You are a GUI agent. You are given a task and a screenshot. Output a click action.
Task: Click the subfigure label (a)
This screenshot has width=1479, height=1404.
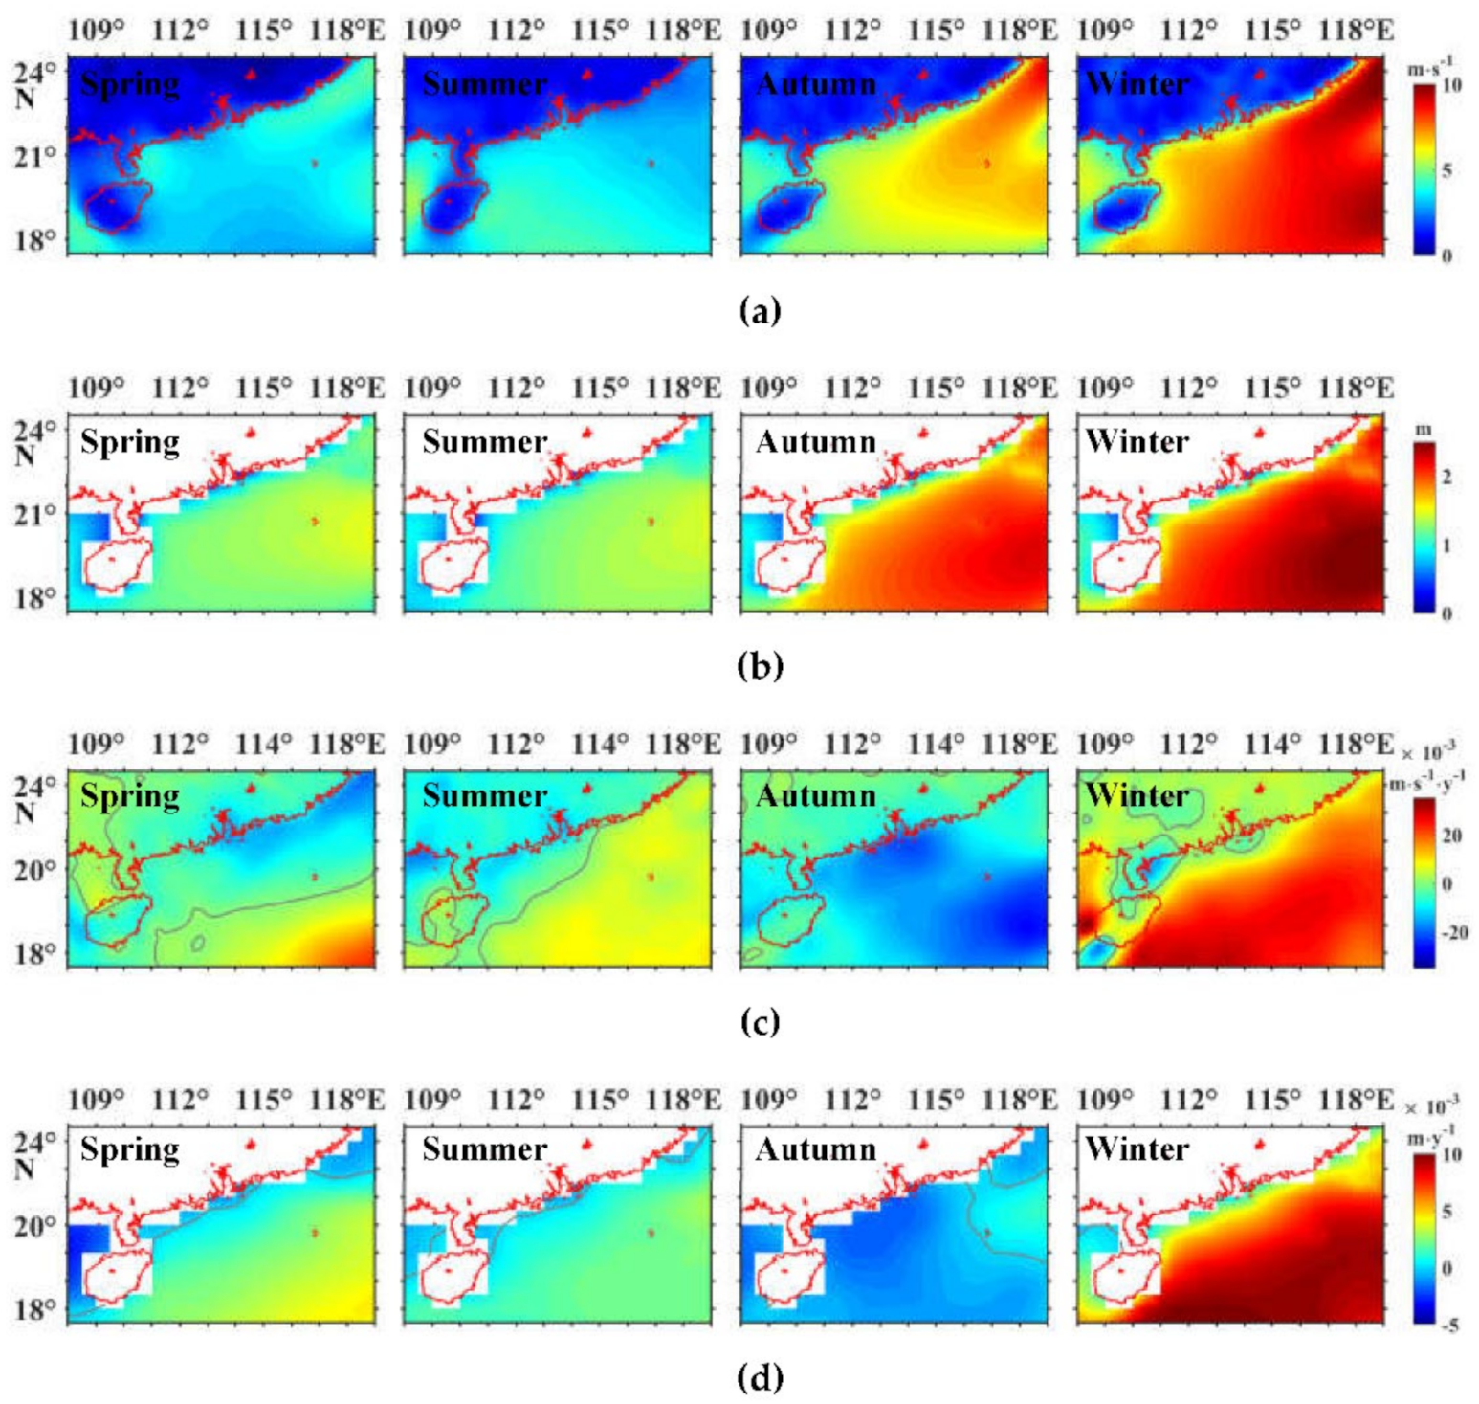coord(761,311)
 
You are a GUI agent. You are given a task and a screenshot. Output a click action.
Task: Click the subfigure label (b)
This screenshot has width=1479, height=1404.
coord(761,665)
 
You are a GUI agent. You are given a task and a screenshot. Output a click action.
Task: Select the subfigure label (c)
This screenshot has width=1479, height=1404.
coord(761,1022)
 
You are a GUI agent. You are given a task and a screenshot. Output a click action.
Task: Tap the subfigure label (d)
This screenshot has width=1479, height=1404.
coord(761,1378)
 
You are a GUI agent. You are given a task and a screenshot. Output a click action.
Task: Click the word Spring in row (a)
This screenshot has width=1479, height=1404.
coord(130,85)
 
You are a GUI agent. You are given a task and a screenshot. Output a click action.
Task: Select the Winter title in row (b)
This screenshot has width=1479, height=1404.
coord(1137,442)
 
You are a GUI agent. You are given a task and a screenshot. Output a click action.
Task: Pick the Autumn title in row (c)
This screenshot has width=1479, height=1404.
coord(816,796)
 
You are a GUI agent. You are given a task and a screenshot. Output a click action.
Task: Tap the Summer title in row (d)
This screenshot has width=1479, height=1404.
coord(485,1149)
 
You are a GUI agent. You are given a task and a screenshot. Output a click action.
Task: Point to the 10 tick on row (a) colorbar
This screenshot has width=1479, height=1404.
coord(1450,85)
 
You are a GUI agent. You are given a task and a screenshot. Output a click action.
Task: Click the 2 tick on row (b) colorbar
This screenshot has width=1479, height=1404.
coord(1446,478)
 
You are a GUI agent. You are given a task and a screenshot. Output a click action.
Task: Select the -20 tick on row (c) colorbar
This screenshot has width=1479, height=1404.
coord(1453,932)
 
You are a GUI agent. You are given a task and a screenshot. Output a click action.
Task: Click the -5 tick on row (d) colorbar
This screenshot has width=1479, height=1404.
coord(1450,1326)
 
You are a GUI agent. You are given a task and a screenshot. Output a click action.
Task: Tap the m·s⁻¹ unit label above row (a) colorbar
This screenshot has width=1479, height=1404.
coord(1432,68)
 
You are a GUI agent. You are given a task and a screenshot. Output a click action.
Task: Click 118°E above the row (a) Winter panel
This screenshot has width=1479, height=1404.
coord(1356,31)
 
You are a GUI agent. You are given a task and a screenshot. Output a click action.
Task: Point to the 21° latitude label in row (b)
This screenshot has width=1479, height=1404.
coord(34,515)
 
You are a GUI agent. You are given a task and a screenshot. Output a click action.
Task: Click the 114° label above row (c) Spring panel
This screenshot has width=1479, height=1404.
coord(264,744)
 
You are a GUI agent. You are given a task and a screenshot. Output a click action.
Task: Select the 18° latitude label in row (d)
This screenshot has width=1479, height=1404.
coord(34,1309)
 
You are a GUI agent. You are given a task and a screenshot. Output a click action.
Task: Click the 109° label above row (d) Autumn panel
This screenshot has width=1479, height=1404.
coord(769,1100)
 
